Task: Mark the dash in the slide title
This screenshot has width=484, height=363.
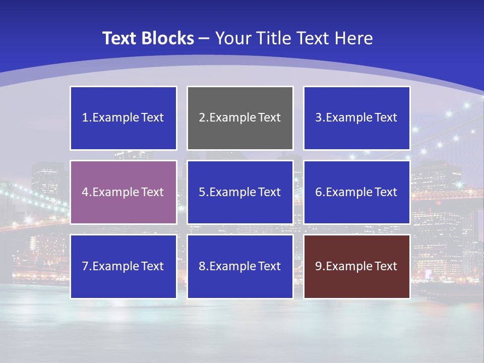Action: coord(205,38)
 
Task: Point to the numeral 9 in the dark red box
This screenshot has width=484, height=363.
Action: coord(319,266)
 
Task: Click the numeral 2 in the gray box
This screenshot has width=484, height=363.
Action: coord(202,117)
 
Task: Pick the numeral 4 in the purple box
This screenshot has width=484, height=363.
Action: coord(85,192)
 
